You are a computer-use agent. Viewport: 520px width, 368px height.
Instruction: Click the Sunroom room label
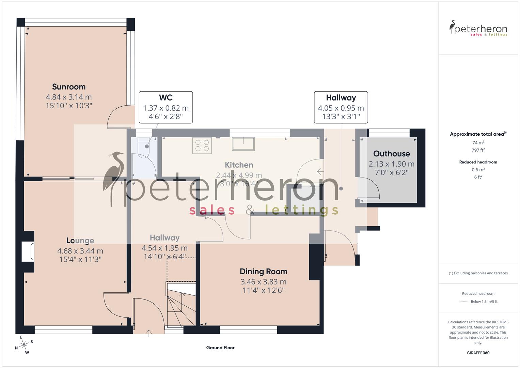69,87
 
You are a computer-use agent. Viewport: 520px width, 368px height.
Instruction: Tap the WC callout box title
166,98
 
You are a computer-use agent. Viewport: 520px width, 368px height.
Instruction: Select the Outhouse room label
391,154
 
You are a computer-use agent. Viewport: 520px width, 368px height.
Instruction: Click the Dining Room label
263,272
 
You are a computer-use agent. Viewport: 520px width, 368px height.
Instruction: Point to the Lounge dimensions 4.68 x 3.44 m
80,251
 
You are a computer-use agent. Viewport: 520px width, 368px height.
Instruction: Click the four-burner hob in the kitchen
202,145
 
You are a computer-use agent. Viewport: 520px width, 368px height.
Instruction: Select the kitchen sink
243,144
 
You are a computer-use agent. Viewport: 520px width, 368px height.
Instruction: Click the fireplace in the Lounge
28,251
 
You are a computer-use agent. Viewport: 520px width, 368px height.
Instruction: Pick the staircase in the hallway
180,303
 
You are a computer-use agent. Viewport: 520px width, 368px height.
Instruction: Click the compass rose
23,345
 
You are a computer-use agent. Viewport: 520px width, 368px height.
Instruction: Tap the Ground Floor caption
220,348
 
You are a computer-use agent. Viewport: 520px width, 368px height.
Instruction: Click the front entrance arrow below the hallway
149,333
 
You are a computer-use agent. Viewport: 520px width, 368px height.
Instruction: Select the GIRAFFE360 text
478,353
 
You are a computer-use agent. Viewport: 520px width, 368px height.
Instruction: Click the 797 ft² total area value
478,150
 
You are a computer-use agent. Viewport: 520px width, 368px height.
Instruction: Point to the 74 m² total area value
478,143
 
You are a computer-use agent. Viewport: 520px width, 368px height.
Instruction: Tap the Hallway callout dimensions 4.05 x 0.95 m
341,108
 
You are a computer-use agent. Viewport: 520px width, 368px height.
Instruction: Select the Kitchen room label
239,165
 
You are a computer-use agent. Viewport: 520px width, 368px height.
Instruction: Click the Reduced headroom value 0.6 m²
478,170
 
